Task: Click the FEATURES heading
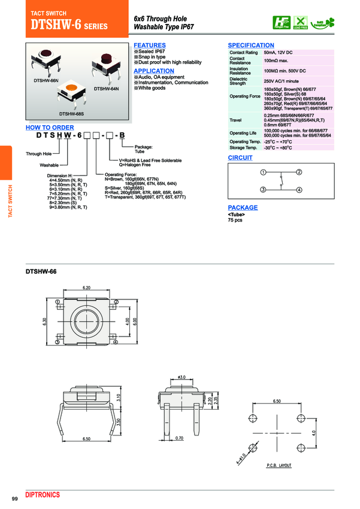tap(149, 46)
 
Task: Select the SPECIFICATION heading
tap(251, 46)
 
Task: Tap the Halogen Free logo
tap(280, 22)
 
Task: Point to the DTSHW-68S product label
tap(71, 113)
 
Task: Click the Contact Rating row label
tap(243, 53)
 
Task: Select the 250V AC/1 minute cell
tap(280, 81)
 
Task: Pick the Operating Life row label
tap(243, 133)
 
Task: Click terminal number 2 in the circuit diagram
tap(298, 172)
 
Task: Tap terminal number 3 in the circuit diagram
tap(262, 190)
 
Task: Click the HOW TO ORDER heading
tap(50, 128)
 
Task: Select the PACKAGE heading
tap(243, 208)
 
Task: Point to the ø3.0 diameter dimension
tap(181, 376)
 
